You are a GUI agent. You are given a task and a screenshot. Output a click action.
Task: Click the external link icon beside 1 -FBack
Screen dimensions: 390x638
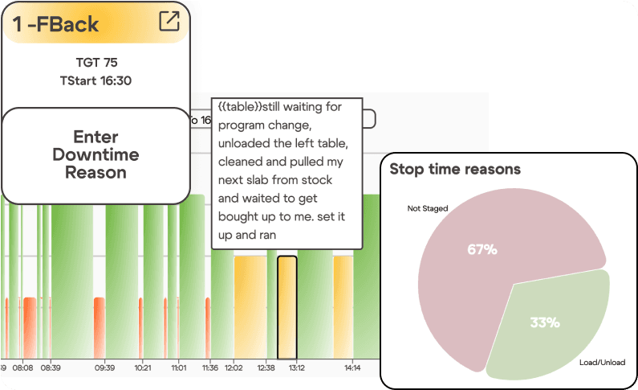point(169,21)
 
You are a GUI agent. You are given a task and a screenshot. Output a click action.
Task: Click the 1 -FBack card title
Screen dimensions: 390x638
point(55,23)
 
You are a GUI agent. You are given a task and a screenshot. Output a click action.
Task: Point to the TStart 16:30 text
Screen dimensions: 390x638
point(95,80)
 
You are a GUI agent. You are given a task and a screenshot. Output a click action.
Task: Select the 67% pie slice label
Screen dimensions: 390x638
point(482,249)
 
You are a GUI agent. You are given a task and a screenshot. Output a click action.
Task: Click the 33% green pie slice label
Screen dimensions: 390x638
point(545,322)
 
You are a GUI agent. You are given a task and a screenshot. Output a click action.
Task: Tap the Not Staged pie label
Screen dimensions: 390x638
point(427,208)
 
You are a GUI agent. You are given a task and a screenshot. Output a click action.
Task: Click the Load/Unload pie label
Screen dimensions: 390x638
point(602,363)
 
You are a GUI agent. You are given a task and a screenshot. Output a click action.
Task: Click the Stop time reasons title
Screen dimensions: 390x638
point(455,169)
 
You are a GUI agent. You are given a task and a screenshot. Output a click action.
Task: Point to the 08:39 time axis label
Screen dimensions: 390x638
point(51,367)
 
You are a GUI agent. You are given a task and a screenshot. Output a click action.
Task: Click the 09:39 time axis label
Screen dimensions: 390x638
point(105,367)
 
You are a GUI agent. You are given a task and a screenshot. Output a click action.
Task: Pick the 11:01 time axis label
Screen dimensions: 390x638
point(178,367)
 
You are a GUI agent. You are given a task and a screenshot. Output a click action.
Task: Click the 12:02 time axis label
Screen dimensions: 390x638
point(234,367)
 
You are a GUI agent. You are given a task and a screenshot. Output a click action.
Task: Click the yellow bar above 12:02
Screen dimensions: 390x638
point(249,306)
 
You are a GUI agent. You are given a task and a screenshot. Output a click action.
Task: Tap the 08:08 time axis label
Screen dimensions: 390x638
point(22,367)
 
